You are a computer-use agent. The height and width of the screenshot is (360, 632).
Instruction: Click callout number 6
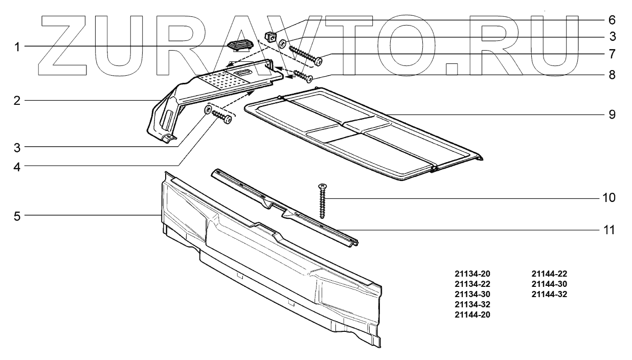612,20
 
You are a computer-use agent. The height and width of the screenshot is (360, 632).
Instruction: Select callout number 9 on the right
612,114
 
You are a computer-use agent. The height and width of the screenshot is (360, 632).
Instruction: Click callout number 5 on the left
17,216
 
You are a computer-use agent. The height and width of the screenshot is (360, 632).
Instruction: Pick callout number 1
17,47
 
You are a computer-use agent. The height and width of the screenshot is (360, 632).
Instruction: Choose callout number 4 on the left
17,166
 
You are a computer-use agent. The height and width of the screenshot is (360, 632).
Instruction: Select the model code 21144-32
550,295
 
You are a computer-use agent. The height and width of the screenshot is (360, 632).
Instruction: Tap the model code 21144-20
472,315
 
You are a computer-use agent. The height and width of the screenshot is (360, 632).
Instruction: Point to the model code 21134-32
472,305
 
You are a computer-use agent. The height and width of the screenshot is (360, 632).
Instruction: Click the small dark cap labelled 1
239,46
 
